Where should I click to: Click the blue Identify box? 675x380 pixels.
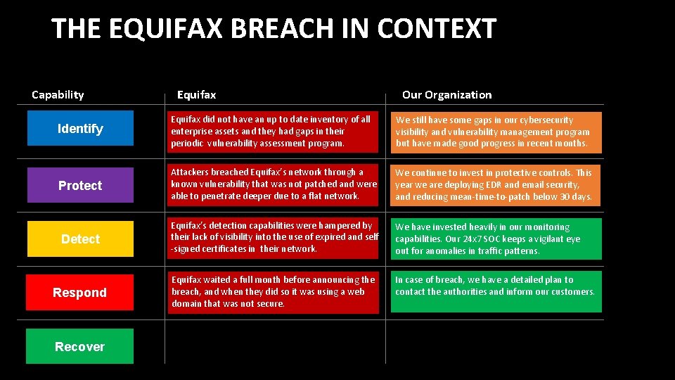79,128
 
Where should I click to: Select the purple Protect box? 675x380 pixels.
79,185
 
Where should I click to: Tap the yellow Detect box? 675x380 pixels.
79,239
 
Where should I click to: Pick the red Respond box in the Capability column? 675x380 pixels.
79,292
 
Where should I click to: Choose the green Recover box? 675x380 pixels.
79,346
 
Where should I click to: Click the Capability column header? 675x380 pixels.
58,94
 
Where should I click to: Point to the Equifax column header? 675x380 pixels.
196,94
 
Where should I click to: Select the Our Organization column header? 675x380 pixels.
446,94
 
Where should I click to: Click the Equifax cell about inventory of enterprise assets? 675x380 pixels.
274,131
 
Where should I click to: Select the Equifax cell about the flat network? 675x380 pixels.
274,184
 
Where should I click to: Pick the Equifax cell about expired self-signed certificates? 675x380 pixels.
274,237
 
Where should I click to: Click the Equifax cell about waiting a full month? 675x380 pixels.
274,291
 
